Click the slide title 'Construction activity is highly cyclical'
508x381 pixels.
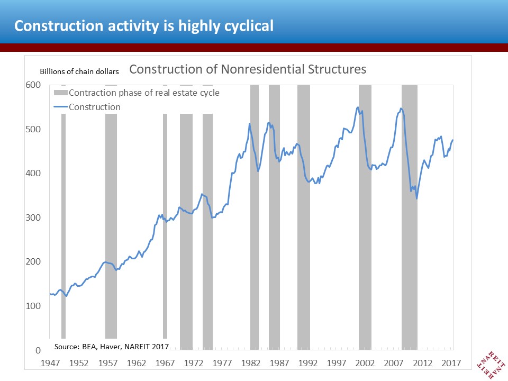coord(143,25)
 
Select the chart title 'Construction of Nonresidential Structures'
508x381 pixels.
coord(248,69)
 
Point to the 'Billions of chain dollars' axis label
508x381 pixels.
coord(79,71)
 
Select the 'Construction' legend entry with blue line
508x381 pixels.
coord(94,107)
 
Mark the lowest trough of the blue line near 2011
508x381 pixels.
coord(417,198)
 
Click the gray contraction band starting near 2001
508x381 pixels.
coord(365,238)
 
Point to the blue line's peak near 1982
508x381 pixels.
coord(249,124)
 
